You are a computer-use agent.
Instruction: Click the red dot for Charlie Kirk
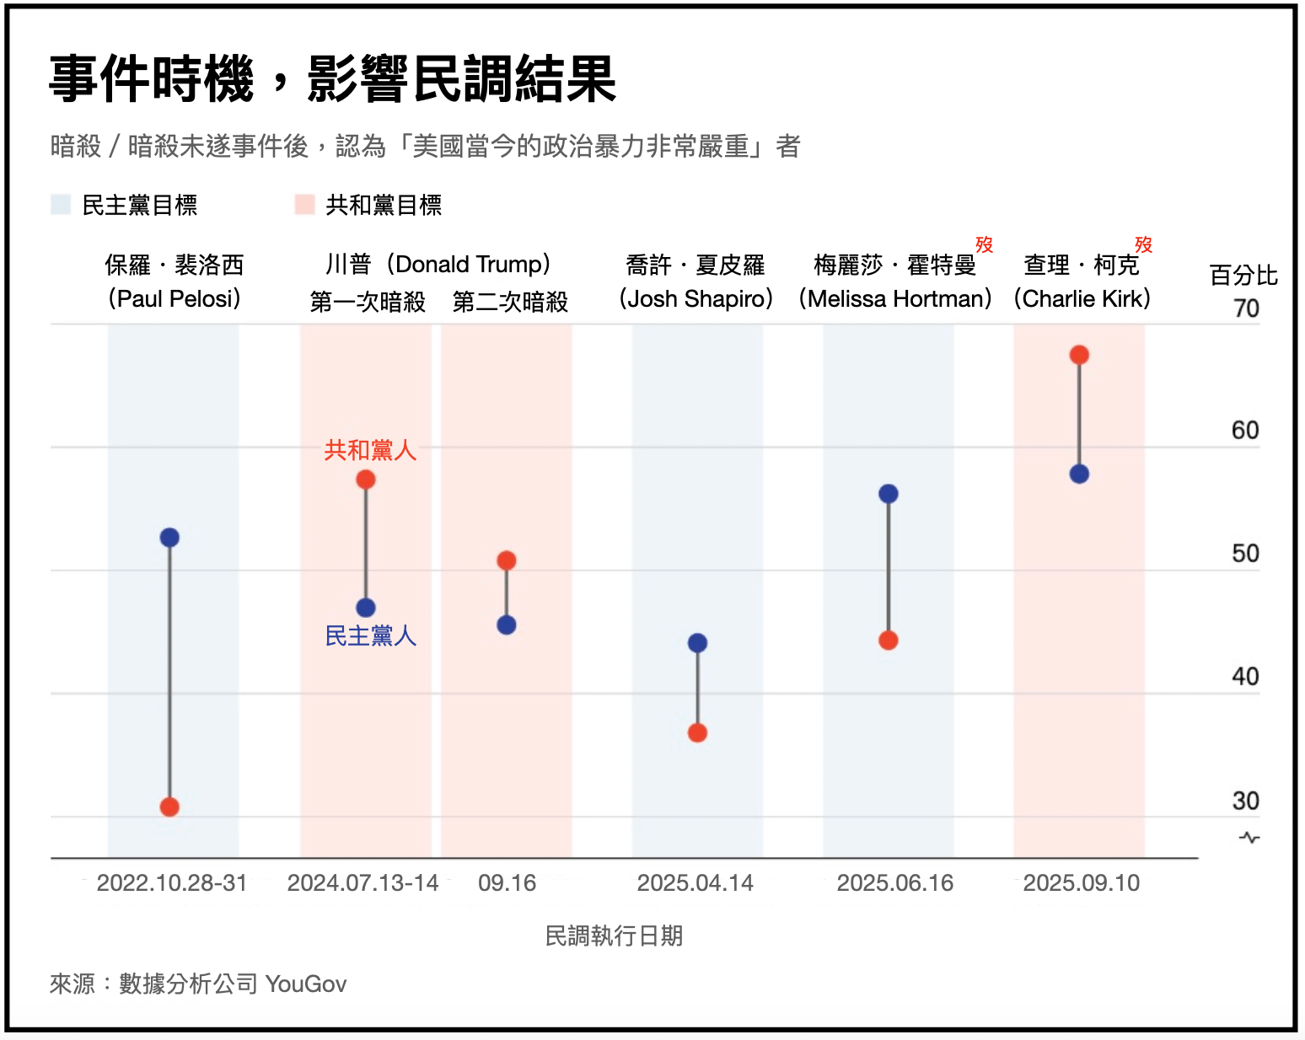1079,355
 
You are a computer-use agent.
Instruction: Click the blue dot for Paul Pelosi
169,538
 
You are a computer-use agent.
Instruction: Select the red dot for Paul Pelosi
169,807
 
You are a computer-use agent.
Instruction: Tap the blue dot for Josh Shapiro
697,643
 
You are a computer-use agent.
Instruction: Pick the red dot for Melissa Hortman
888,641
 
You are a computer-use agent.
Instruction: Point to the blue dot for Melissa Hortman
888,494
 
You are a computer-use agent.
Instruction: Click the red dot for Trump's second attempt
506,560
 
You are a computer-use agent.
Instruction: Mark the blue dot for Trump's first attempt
365,608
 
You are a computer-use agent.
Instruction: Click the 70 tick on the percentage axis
1245,308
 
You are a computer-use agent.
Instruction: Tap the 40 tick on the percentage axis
1245,677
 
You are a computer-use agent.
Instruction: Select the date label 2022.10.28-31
172,883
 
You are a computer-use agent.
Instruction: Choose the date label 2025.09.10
1081,883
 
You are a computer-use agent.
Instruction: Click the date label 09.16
507,883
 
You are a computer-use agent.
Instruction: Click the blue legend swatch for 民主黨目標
61,205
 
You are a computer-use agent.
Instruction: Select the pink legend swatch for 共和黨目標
304,205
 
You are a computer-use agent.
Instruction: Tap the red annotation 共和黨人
370,450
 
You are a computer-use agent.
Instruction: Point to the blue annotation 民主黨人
370,636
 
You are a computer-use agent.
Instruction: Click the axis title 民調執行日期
614,935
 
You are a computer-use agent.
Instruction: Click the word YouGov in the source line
306,984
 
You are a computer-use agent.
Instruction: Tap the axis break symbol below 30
1249,838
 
